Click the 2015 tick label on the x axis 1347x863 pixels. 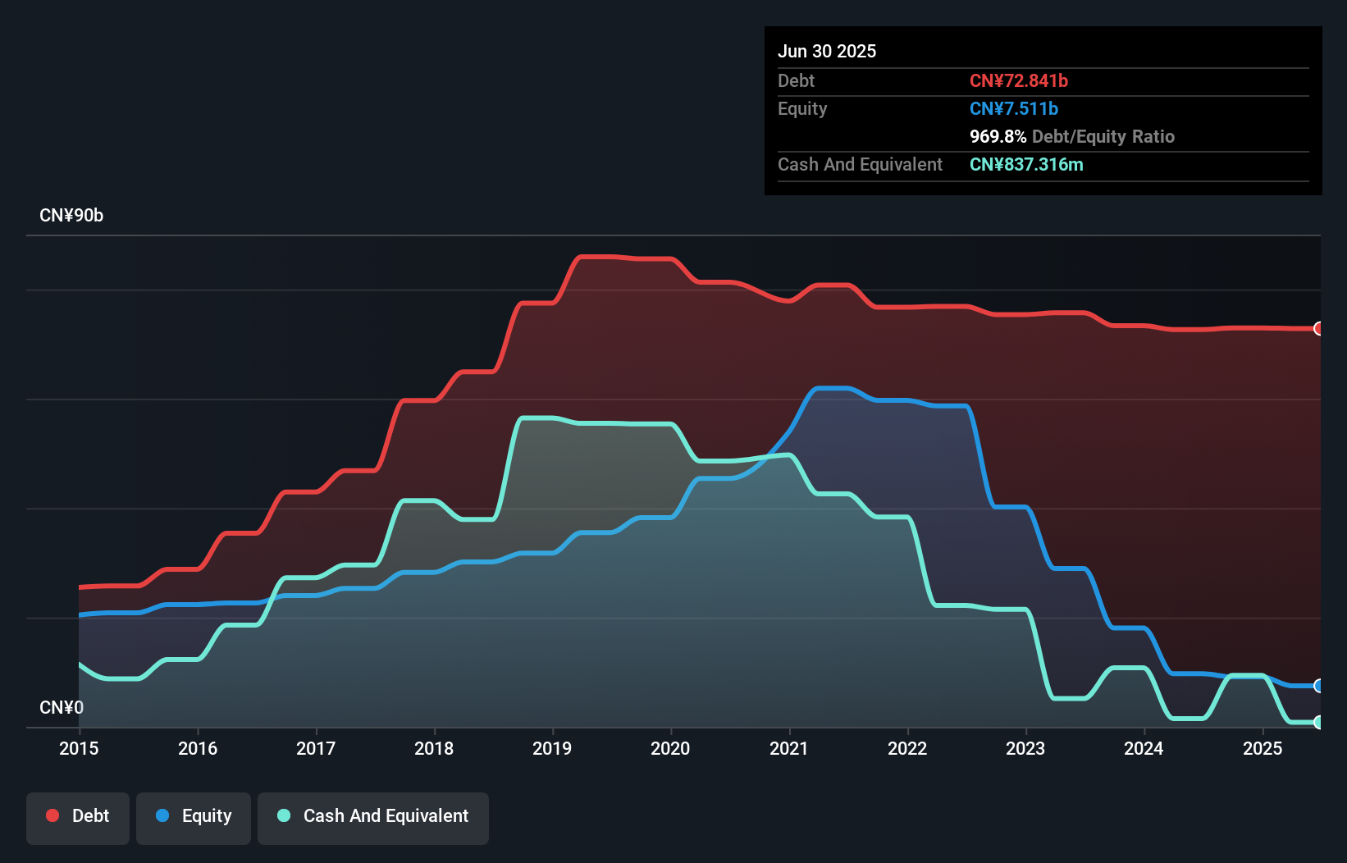tap(79, 748)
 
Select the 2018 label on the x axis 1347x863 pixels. tap(434, 748)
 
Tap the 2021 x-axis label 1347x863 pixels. tap(789, 748)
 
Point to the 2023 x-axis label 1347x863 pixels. tap(1025, 748)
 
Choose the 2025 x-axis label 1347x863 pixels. tap(1263, 748)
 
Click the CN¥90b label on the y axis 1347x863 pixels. tap(71, 216)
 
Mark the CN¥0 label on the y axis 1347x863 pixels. tap(62, 707)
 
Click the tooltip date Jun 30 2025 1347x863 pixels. tap(827, 51)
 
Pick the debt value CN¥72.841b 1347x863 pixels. tap(1018, 80)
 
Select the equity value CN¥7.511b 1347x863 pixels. tap(1013, 108)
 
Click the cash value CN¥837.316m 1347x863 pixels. tap(1025, 164)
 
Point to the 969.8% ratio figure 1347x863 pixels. tap(998, 136)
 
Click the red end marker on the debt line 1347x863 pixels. tap(1318, 329)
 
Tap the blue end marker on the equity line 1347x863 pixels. tap(1318, 686)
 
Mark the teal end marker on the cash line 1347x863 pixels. tap(1318, 722)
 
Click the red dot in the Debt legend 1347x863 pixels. tap(53, 815)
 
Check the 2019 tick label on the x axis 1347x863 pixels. tap(552, 748)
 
